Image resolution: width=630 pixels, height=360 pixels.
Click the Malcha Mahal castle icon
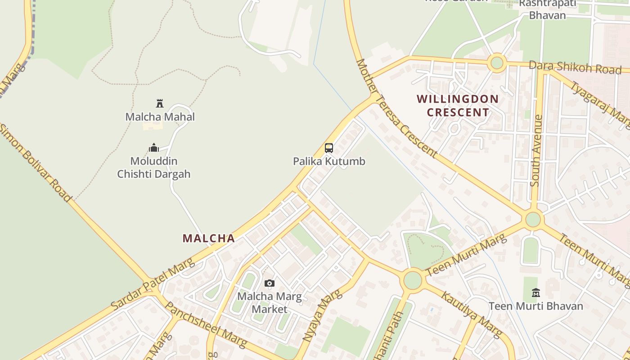pos(159,103)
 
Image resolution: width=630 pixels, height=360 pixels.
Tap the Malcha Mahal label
pos(160,117)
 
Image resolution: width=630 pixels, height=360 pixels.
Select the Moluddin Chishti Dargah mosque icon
pos(154,148)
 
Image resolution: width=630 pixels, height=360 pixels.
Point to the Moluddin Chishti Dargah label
pos(154,167)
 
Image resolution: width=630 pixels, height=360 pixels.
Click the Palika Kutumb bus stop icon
pos(329,148)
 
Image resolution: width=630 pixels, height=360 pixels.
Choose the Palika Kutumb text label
pos(329,161)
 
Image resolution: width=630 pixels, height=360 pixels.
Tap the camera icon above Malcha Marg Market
pos(270,283)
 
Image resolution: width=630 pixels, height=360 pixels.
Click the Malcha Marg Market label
pos(270,303)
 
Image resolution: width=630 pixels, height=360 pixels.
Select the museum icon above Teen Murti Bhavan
pos(535,293)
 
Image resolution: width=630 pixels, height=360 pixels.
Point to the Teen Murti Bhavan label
pos(535,306)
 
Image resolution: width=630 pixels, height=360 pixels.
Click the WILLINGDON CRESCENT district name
pos(458,106)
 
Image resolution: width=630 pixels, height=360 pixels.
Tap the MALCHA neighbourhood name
pos(209,238)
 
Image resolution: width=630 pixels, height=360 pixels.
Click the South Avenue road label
pos(536,150)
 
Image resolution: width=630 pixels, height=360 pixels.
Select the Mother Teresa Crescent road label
pos(396,108)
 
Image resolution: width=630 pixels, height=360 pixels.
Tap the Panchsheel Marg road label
pos(206,324)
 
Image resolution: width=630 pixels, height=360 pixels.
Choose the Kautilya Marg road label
pos(471,315)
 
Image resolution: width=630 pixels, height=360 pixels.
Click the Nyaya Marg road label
pos(322,315)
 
